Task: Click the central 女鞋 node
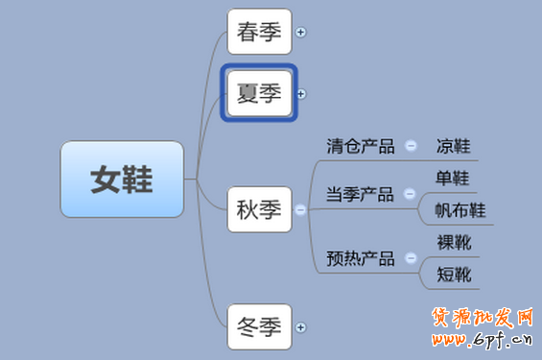pos(122,180)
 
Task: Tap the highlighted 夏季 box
pos(259,93)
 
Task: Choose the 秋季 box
pos(259,209)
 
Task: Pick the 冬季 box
pos(259,327)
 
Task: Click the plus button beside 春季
pos(301,32)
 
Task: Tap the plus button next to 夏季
pos(301,93)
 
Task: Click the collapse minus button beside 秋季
pos(301,209)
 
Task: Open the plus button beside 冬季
pos(301,327)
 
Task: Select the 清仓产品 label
pos(360,147)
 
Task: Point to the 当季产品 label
pos(360,195)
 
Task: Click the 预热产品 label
pos(360,258)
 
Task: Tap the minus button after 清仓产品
pos(411,147)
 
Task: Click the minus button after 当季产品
pos(411,195)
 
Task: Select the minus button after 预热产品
pos(411,258)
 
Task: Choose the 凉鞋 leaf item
pos(453,147)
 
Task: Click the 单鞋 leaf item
pos(453,179)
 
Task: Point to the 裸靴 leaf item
pos(453,242)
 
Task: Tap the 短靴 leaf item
pos(453,275)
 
